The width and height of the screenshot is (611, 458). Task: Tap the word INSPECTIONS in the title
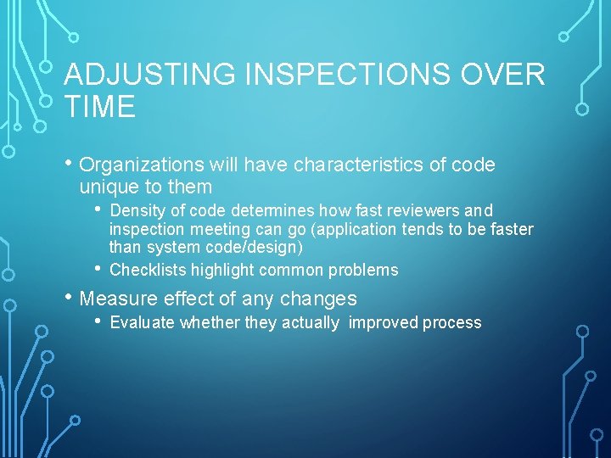click(349, 75)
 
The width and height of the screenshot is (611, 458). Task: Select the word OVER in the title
click(504, 75)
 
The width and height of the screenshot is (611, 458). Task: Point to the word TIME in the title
click(100, 108)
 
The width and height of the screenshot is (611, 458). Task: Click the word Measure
click(119, 299)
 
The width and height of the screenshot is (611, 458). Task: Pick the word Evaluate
click(143, 323)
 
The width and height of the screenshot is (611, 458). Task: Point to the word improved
click(384, 323)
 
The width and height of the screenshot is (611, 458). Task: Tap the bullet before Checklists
click(99, 269)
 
